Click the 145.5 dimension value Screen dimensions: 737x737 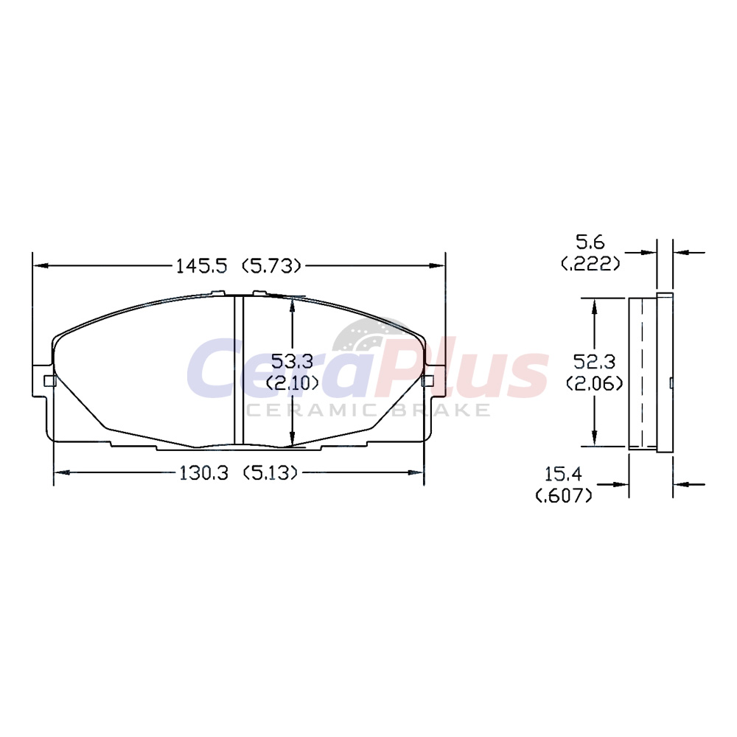(202, 267)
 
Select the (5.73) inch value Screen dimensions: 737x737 (271, 267)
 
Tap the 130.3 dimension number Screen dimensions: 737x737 (203, 473)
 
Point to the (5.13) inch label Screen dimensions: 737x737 (270, 473)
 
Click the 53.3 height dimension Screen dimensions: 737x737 (293, 362)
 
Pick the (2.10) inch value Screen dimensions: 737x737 (293, 383)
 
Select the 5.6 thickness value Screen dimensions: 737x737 (590, 242)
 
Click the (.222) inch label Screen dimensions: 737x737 (591, 264)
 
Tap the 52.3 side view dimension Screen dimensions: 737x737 (595, 362)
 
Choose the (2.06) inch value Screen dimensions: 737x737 (595, 383)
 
